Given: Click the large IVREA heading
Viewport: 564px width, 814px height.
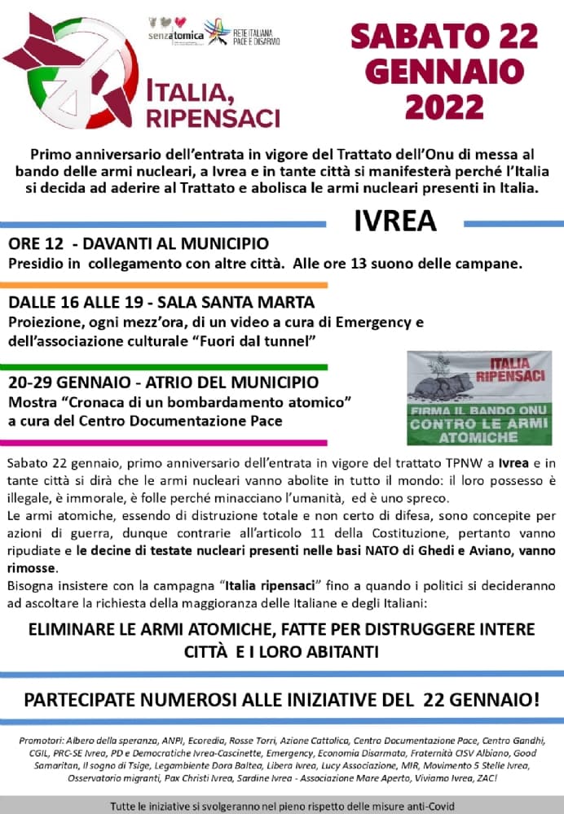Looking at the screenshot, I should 395,221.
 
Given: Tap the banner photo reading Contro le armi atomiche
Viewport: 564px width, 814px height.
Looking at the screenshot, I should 479,397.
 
